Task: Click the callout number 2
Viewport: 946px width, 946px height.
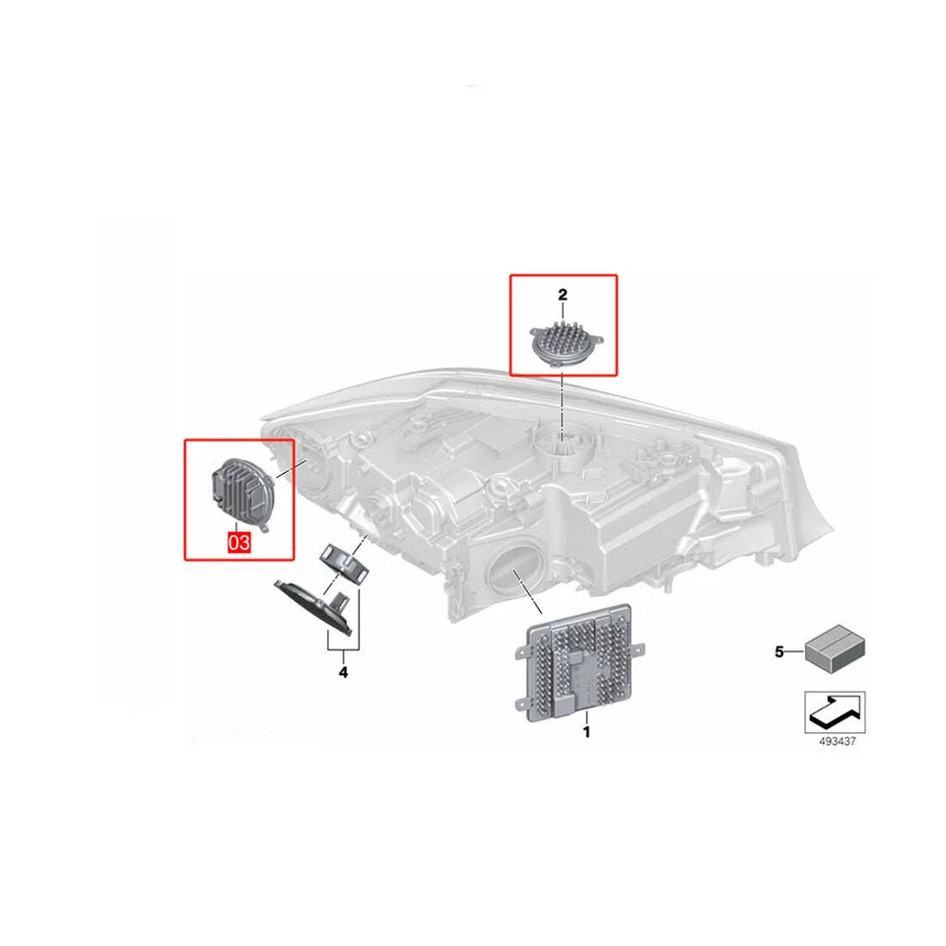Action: tap(563, 295)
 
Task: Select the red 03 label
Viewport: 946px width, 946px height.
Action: tap(239, 541)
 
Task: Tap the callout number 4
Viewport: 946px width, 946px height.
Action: tap(342, 673)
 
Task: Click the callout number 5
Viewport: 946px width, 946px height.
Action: tap(778, 651)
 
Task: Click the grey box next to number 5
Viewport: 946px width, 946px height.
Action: tap(834, 648)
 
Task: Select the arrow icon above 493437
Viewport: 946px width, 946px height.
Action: tap(836, 709)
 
